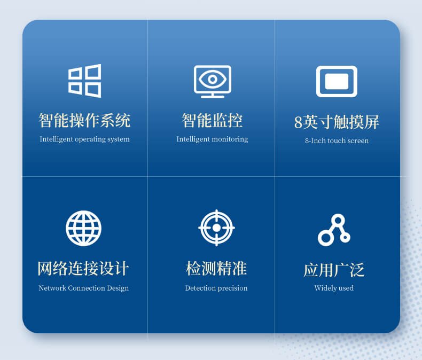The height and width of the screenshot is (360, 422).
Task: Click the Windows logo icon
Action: pos(84,81)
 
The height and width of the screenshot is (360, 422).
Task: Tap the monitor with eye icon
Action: pos(212,81)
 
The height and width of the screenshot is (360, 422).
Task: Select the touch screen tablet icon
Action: pos(337,81)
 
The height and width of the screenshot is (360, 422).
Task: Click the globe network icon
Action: pos(83,228)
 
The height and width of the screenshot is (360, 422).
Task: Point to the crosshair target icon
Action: pos(216,228)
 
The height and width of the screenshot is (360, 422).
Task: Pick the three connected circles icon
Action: pos(334,230)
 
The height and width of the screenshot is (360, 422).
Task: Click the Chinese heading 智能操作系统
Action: pos(84,120)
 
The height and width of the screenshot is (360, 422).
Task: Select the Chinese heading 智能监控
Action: pos(212,120)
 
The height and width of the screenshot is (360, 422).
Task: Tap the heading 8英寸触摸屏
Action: pos(337,122)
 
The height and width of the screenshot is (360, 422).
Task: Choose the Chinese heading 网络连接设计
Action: pos(83,269)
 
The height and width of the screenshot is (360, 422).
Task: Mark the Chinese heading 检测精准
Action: pos(216,269)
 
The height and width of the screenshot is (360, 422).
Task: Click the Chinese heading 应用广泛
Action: pos(334,270)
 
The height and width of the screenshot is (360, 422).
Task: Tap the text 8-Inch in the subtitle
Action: pos(315,141)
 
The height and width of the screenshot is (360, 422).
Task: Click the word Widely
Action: pos(325,288)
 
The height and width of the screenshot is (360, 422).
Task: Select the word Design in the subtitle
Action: pos(117,288)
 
